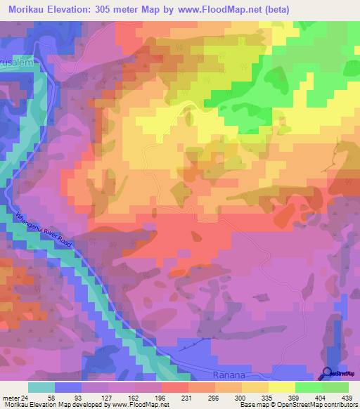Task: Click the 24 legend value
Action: click(25, 398)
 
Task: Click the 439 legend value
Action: click(345, 398)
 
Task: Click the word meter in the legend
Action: click(11, 398)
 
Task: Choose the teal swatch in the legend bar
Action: click(41, 387)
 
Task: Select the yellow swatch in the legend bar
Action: click(282, 387)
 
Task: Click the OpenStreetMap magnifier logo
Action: click(328, 374)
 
